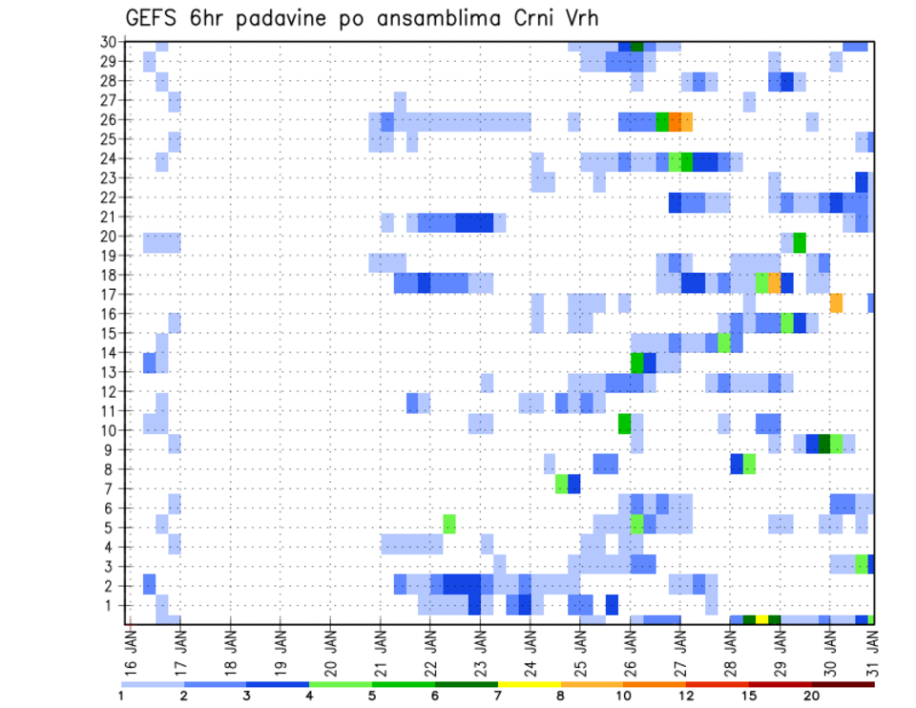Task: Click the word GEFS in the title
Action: [x=150, y=18]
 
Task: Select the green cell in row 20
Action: [x=800, y=242]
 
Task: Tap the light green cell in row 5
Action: [x=449, y=524]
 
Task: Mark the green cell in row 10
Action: [x=624, y=424]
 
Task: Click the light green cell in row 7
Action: [x=562, y=484]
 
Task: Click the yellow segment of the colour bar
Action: [x=529, y=684]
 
